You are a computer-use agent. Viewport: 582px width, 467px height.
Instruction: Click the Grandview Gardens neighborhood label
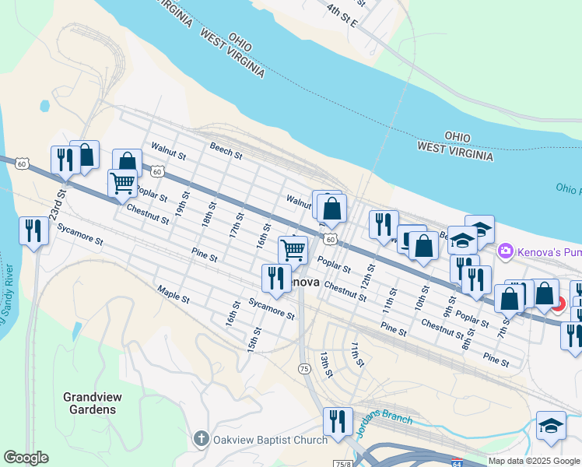[90, 403]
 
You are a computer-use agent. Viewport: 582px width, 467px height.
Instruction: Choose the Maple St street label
[173, 293]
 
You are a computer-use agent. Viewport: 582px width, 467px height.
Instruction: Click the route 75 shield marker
[305, 368]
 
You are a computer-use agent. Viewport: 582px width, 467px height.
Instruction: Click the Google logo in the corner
[26, 458]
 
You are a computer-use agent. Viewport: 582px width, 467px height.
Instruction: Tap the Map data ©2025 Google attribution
[534, 461]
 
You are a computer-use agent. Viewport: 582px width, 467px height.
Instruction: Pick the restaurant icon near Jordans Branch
[337, 420]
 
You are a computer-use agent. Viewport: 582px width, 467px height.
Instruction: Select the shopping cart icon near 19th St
[122, 183]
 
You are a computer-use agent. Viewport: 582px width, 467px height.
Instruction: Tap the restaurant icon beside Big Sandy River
[33, 230]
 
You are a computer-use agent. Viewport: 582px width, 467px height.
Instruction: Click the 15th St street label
[252, 339]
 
